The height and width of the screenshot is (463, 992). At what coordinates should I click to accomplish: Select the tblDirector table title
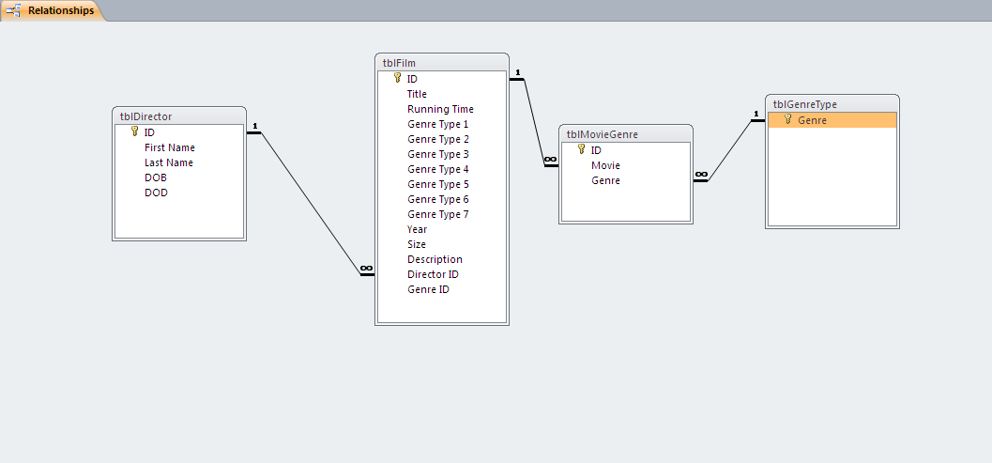145,116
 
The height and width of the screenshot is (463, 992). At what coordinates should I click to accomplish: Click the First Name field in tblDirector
170,147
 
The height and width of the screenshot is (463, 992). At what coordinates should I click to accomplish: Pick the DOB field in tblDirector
156,177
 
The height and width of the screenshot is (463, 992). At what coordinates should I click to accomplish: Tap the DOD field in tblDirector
156,193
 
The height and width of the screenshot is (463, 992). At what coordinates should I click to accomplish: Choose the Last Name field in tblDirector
169,162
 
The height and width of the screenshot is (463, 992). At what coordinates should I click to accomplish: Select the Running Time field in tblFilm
440,109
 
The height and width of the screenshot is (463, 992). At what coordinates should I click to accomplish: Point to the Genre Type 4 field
437,169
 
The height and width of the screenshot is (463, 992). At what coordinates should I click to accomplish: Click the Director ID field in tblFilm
433,274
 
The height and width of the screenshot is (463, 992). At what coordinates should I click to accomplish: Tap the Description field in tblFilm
435,259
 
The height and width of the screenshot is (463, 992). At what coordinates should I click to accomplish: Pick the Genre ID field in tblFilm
428,289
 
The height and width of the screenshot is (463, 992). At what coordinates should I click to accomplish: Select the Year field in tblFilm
417,229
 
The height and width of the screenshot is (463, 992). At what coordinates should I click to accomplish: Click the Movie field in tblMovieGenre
605,165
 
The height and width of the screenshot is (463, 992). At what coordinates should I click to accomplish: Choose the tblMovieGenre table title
603,134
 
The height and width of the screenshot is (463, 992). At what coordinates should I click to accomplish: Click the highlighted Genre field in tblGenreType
813,120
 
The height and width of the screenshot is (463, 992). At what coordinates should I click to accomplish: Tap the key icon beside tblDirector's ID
135,132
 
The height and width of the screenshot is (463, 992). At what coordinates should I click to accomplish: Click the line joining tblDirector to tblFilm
310,203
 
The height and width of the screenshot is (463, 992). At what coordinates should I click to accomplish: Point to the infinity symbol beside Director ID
366,269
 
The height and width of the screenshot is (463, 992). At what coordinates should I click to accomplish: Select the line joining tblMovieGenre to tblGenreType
730,150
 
